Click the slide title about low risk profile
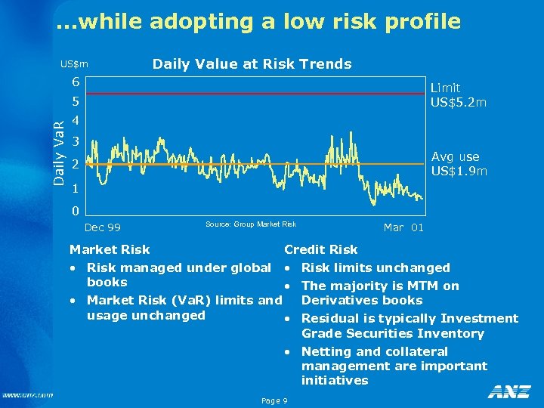coord(258,22)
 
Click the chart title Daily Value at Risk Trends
coord(252,64)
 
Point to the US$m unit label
coord(74,65)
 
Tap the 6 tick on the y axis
coord(76,82)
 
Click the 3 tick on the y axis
coord(76,142)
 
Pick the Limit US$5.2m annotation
coord(458,95)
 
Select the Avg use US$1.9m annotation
coord(459,164)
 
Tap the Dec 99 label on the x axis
coord(102,227)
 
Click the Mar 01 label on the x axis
coord(403,227)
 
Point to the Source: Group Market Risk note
coord(250,224)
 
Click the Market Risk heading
coord(110,249)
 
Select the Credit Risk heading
coord(320,249)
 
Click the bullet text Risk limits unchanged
coord(376,267)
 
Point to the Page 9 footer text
coord(273,400)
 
